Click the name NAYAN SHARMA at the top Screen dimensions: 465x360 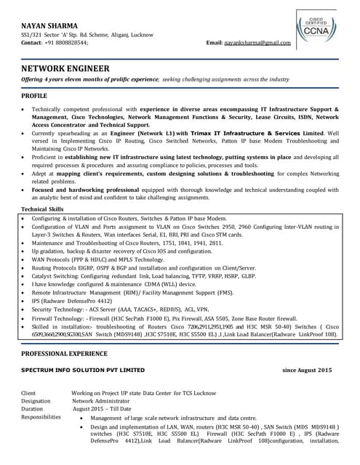click(x=49, y=25)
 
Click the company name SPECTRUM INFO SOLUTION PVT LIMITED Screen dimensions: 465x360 click(x=83, y=371)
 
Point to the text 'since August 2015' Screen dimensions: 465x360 click(x=307, y=371)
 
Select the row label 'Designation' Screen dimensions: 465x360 click(x=36, y=401)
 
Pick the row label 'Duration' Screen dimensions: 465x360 click(x=33, y=409)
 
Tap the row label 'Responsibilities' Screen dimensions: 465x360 click(x=41, y=418)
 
